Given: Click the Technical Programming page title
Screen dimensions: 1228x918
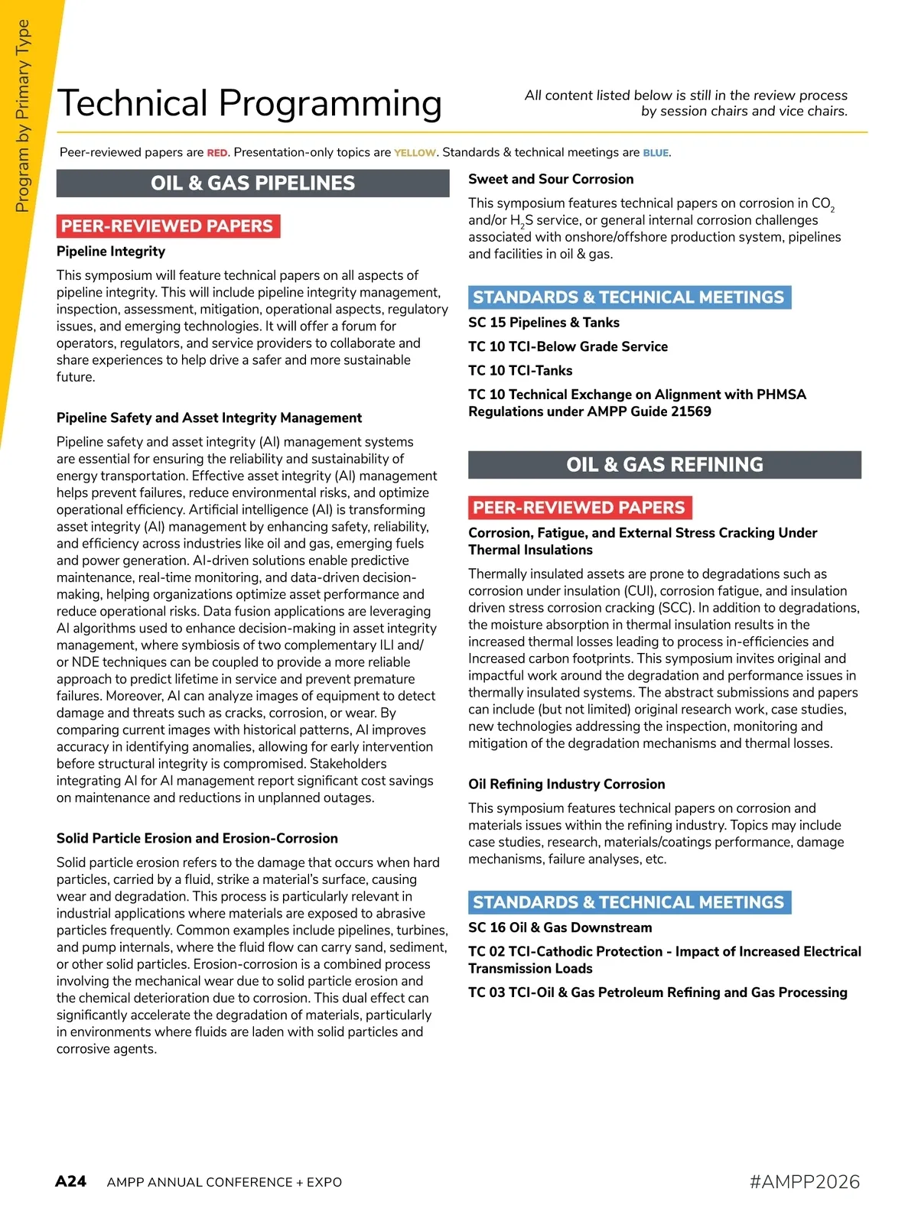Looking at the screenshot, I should click(x=249, y=104).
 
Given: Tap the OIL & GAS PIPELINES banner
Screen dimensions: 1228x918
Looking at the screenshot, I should click(x=252, y=184).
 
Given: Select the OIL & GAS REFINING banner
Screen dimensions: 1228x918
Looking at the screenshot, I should click(x=664, y=465).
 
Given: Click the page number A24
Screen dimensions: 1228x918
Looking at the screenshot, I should click(x=70, y=1181).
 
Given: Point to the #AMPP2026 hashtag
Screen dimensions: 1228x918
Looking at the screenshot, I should click(x=804, y=1181).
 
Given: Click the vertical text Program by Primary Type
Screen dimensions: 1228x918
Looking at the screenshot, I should click(x=22, y=115).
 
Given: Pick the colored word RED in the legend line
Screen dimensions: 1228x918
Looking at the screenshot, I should click(x=217, y=153).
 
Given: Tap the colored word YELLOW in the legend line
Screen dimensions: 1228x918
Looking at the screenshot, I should click(x=415, y=153).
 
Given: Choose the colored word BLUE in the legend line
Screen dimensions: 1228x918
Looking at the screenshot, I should click(x=656, y=153).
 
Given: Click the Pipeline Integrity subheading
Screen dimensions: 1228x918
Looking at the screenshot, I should click(x=111, y=252).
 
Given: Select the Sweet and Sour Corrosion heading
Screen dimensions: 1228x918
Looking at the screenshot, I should click(x=551, y=179).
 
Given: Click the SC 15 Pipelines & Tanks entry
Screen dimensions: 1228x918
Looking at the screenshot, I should click(x=544, y=323).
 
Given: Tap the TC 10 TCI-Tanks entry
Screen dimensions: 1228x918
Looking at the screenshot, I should click(x=520, y=371).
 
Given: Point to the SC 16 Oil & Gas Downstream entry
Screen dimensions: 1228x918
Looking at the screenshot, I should click(x=560, y=927).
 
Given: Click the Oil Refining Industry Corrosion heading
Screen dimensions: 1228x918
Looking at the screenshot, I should click(x=566, y=784).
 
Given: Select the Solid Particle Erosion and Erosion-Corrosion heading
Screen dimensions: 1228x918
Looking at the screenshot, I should click(x=197, y=838).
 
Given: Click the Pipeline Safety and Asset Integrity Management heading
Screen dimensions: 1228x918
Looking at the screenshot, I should click(x=209, y=417).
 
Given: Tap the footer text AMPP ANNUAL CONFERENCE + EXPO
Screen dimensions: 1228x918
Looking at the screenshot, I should click(x=224, y=1182).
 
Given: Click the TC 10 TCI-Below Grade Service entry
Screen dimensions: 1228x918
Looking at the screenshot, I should click(x=568, y=346).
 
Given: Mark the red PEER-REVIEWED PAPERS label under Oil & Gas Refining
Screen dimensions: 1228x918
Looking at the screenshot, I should click(x=579, y=508).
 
